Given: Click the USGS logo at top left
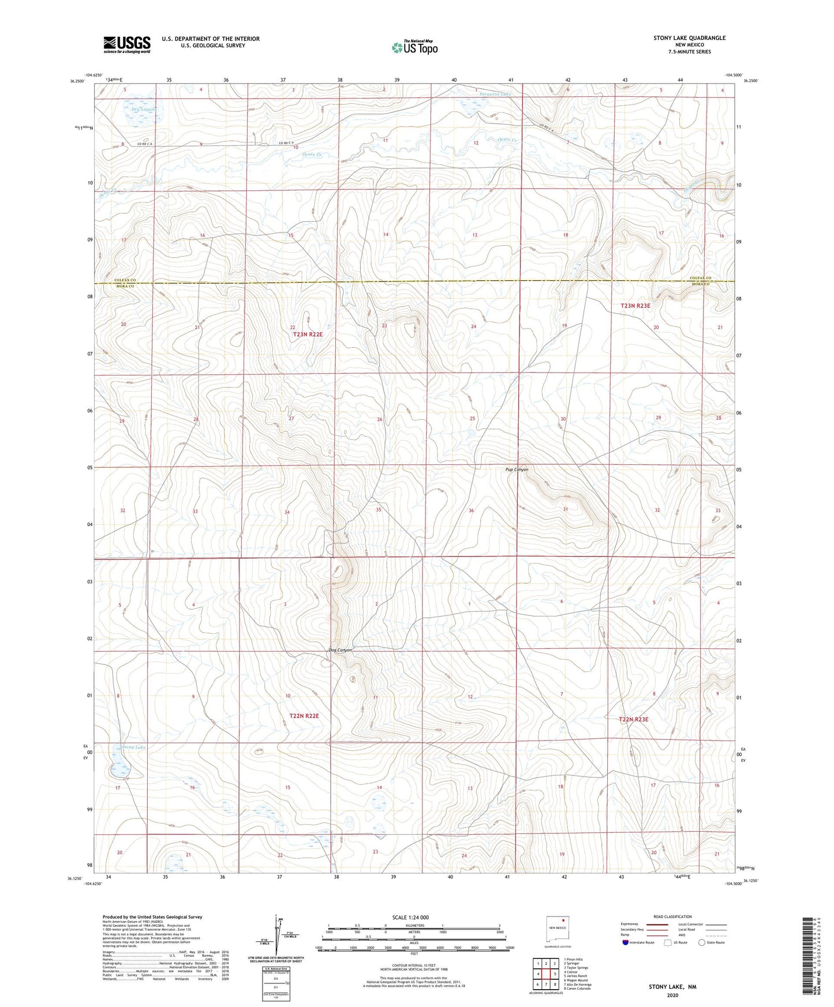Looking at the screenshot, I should point(127,44).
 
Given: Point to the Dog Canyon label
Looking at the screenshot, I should point(341,650).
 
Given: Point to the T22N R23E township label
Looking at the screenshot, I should point(634,719).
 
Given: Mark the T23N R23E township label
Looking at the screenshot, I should point(635,306).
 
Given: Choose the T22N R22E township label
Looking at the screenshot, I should point(304,716).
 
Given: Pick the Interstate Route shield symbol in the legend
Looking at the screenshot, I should point(626,942).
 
